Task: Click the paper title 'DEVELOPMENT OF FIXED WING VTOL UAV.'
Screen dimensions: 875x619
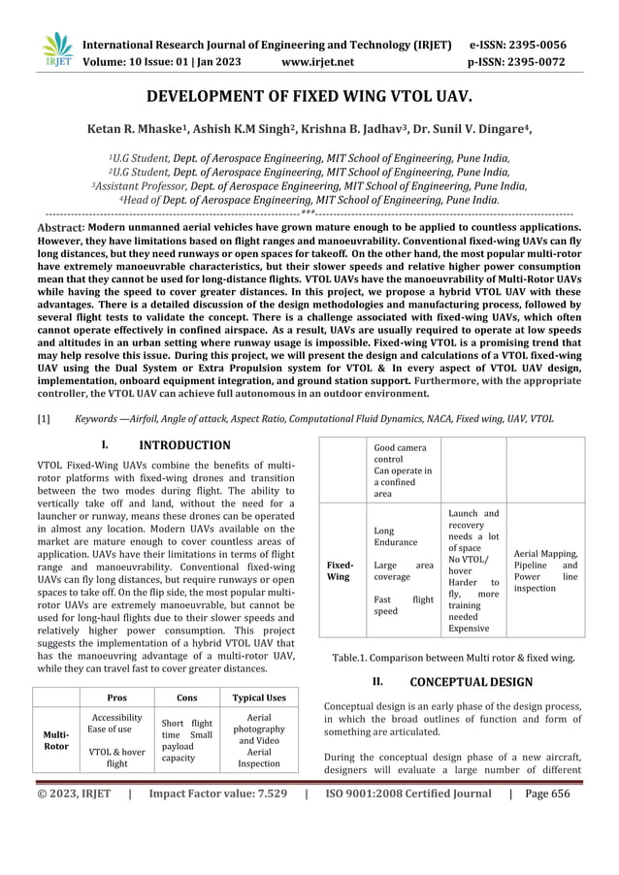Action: pyautogui.click(x=309, y=98)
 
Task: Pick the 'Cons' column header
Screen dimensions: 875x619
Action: pyautogui.click(x=186, y=697)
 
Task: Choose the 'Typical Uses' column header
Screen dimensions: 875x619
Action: pyautogui.click(x=258, y=697)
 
